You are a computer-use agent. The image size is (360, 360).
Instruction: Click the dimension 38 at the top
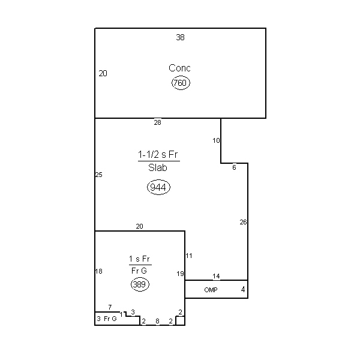(180, 37)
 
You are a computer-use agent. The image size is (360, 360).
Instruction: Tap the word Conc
(179, 68)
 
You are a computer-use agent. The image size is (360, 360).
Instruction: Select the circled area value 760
(181, 83)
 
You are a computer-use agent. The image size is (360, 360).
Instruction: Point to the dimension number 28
(157, 122)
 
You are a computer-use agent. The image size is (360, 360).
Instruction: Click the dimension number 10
(216, 140)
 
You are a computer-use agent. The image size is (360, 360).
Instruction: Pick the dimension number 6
(234, 167)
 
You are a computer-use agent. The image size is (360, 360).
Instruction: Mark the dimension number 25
(99, 175)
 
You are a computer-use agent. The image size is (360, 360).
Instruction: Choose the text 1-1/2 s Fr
(158, 155)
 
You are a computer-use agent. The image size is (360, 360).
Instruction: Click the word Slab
(157, 167)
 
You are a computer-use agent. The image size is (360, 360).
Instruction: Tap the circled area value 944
(158, 187)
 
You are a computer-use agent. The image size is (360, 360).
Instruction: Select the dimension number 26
(243, 222)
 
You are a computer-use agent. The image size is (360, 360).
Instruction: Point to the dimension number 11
(189, 256)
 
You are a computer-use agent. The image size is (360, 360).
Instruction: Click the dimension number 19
(180, 274)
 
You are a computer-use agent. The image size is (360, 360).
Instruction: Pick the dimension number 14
(216, 276)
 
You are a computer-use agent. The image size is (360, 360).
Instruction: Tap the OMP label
(211, 290)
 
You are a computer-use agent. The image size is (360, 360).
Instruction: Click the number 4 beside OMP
(243, 290)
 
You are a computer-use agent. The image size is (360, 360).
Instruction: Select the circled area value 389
(140, 284)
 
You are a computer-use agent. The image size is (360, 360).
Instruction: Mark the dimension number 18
(99, 271)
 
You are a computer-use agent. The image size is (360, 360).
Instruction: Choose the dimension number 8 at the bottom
(157, 321)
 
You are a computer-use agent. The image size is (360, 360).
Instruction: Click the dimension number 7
(110, 307)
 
